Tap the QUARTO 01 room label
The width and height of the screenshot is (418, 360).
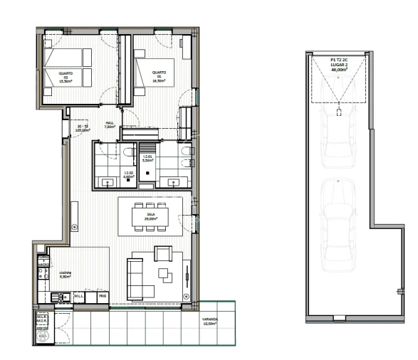point(158,76)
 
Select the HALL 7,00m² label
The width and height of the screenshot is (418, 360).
point(110,125)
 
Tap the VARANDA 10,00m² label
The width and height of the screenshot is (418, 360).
point(209,322)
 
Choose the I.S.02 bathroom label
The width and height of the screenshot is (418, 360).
point(129,173)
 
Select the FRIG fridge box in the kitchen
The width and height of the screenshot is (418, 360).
point(102,295)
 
